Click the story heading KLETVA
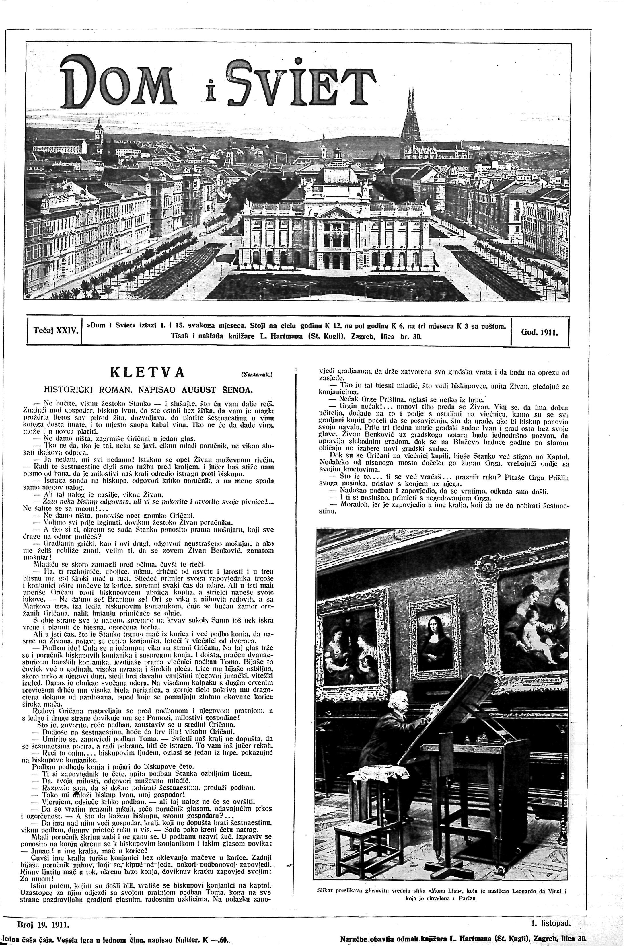[147, 372]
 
